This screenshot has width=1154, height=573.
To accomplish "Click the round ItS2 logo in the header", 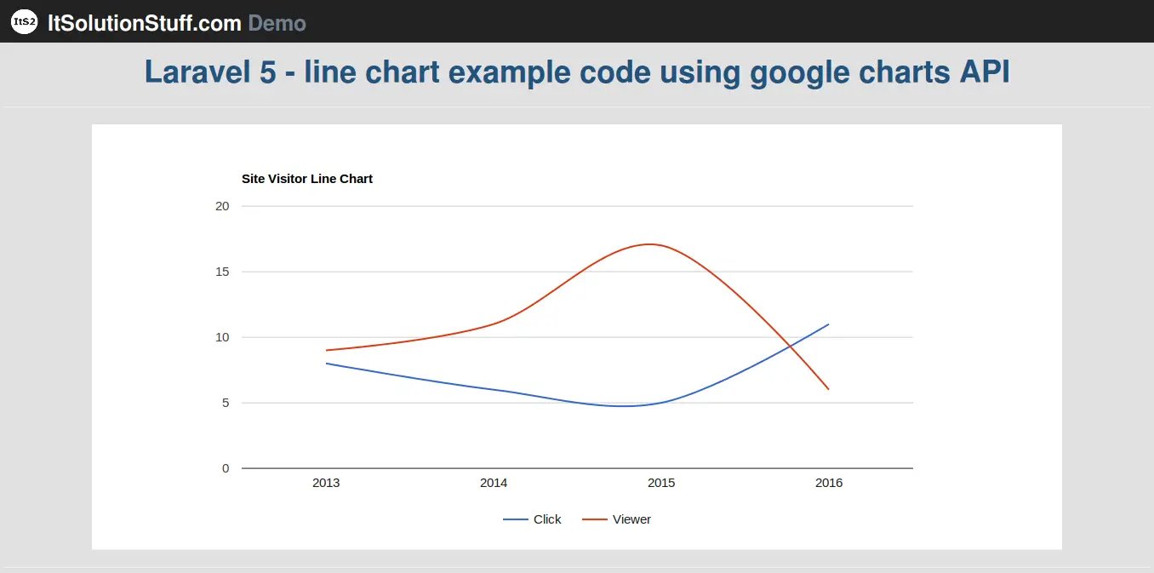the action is click(24, 22).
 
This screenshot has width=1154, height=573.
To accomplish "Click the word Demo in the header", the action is click(277, 23).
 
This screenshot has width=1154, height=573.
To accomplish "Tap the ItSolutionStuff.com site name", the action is click(145, 23).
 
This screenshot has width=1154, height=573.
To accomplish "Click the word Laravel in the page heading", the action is click(197, 72).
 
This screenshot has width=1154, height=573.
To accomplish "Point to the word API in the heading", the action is click(984, 72).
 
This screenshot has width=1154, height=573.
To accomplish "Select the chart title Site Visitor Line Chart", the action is click(307, 179).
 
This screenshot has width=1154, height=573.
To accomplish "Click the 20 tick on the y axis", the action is click(222, 206).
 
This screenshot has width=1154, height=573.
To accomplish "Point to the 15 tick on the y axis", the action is click(222, 272).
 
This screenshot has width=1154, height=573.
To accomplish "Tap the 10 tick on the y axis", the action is click(222, 337).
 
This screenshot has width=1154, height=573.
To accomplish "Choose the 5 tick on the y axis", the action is click(226, 403).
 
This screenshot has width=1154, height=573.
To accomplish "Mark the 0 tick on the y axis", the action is click(226, 468).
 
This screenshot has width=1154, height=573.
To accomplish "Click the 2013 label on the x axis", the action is click(326, 483).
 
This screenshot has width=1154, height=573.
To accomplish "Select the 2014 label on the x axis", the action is click(494, 483).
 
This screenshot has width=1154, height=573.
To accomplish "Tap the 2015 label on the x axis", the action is click(661, 483).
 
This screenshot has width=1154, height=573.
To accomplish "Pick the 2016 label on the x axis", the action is click(829, 483).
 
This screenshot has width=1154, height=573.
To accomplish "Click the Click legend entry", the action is click(532, 519).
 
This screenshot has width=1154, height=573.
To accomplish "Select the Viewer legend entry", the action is click(617, 519).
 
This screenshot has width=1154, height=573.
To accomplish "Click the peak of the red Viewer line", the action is click(650, 244).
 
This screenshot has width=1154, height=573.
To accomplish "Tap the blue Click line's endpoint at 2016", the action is click(828, 324).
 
